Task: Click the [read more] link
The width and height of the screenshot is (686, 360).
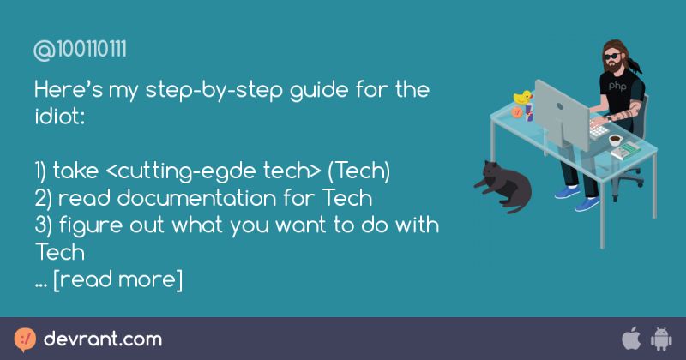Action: [x=117, y=280]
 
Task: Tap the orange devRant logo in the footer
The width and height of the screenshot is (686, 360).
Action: [x=26, y=338]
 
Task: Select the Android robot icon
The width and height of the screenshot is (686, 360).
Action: [x=661, y=338]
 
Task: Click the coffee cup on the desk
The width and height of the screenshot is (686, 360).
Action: [x=615, y=140]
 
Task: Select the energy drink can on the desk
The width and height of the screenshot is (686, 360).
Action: [x=529, y=112]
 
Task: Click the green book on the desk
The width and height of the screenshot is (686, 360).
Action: [x=630, y=151]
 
